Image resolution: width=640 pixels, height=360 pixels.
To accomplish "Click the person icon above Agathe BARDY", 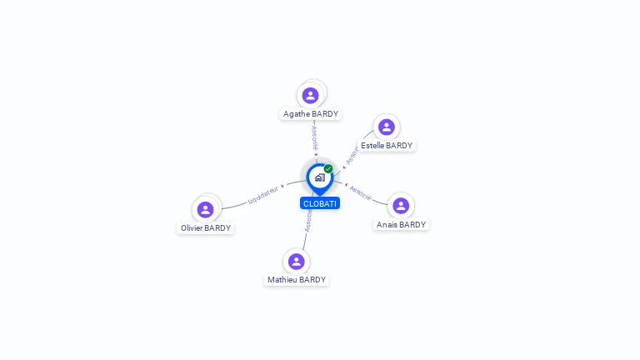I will coord(311,95).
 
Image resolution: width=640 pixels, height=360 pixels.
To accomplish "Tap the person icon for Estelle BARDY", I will coord(386,127).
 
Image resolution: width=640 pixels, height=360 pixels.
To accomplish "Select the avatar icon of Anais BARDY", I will coord(401,206).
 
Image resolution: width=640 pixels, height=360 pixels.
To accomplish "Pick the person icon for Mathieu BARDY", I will coord(296,262).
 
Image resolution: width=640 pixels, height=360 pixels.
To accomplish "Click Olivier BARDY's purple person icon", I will coord(206,209).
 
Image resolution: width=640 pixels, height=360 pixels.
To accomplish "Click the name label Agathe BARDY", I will coord(311,114).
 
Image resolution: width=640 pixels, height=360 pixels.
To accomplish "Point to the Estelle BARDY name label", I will coord(387,146).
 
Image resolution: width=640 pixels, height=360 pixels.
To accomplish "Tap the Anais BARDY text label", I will coord(401,225).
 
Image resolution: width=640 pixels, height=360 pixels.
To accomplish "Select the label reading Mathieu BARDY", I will coord(297,280).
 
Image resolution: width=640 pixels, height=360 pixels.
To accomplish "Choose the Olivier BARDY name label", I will coord(206,228).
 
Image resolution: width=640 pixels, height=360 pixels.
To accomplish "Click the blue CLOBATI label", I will coord(320,203).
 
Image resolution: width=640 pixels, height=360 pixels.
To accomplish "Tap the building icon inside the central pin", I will coord(319,177).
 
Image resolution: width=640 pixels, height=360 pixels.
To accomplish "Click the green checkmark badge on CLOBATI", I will coord(328,168).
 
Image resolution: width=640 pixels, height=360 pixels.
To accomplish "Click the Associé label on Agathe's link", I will coord(314,137).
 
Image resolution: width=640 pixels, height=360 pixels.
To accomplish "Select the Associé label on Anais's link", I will coord(360,192).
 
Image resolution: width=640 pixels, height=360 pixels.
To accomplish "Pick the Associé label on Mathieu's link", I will coord(308,221).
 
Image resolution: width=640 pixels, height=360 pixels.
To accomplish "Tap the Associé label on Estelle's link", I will coord(352,154).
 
